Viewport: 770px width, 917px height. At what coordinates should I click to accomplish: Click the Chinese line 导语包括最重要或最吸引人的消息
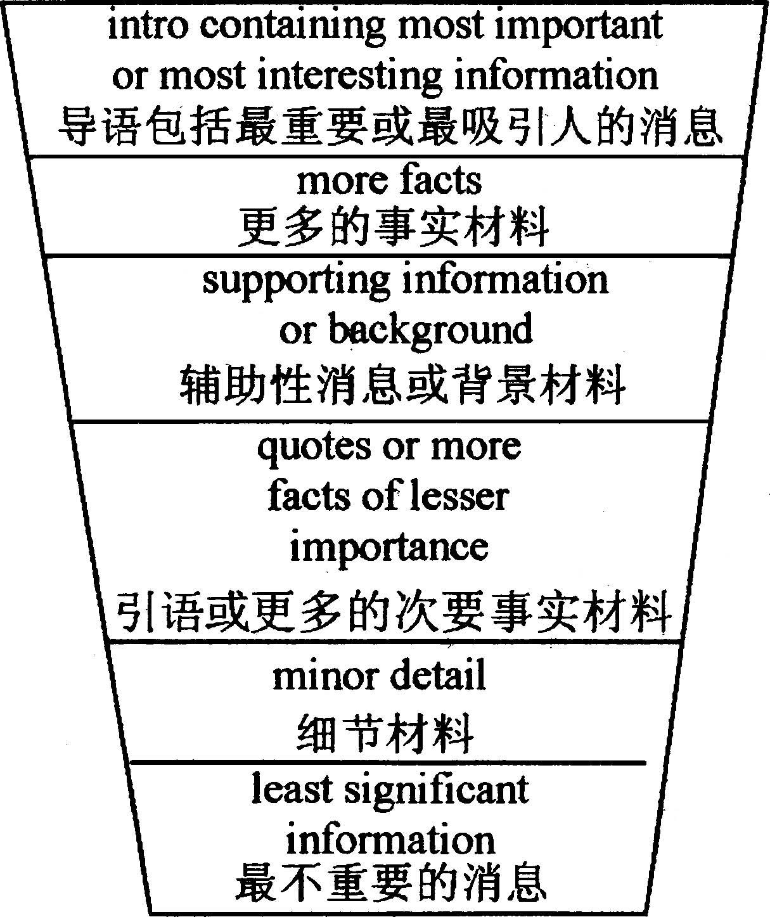coord(390,126)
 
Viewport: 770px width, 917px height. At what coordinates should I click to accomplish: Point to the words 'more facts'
coord(389,181)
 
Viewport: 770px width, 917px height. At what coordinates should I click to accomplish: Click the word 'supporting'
coord(297,281)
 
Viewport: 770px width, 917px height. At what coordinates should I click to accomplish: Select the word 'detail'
coord(437,676)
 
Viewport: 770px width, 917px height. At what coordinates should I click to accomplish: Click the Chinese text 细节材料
coord(385,732)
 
